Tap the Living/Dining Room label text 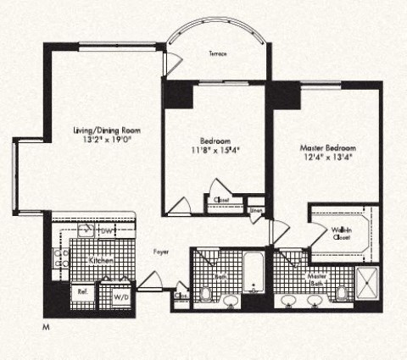[x=106, y=130]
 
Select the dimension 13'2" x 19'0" [x=106, y=141]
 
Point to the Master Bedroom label [x=326, y=146]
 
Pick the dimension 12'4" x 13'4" [x=326, y=156]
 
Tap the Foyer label [x=160, y=252]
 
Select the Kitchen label [x=102, y=262]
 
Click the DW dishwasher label [x=108, y=230]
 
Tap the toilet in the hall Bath [x=206, y=296]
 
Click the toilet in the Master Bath [x=342, y=295]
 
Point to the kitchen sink [x=86, y=230]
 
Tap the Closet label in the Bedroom [x=222, y=201]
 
